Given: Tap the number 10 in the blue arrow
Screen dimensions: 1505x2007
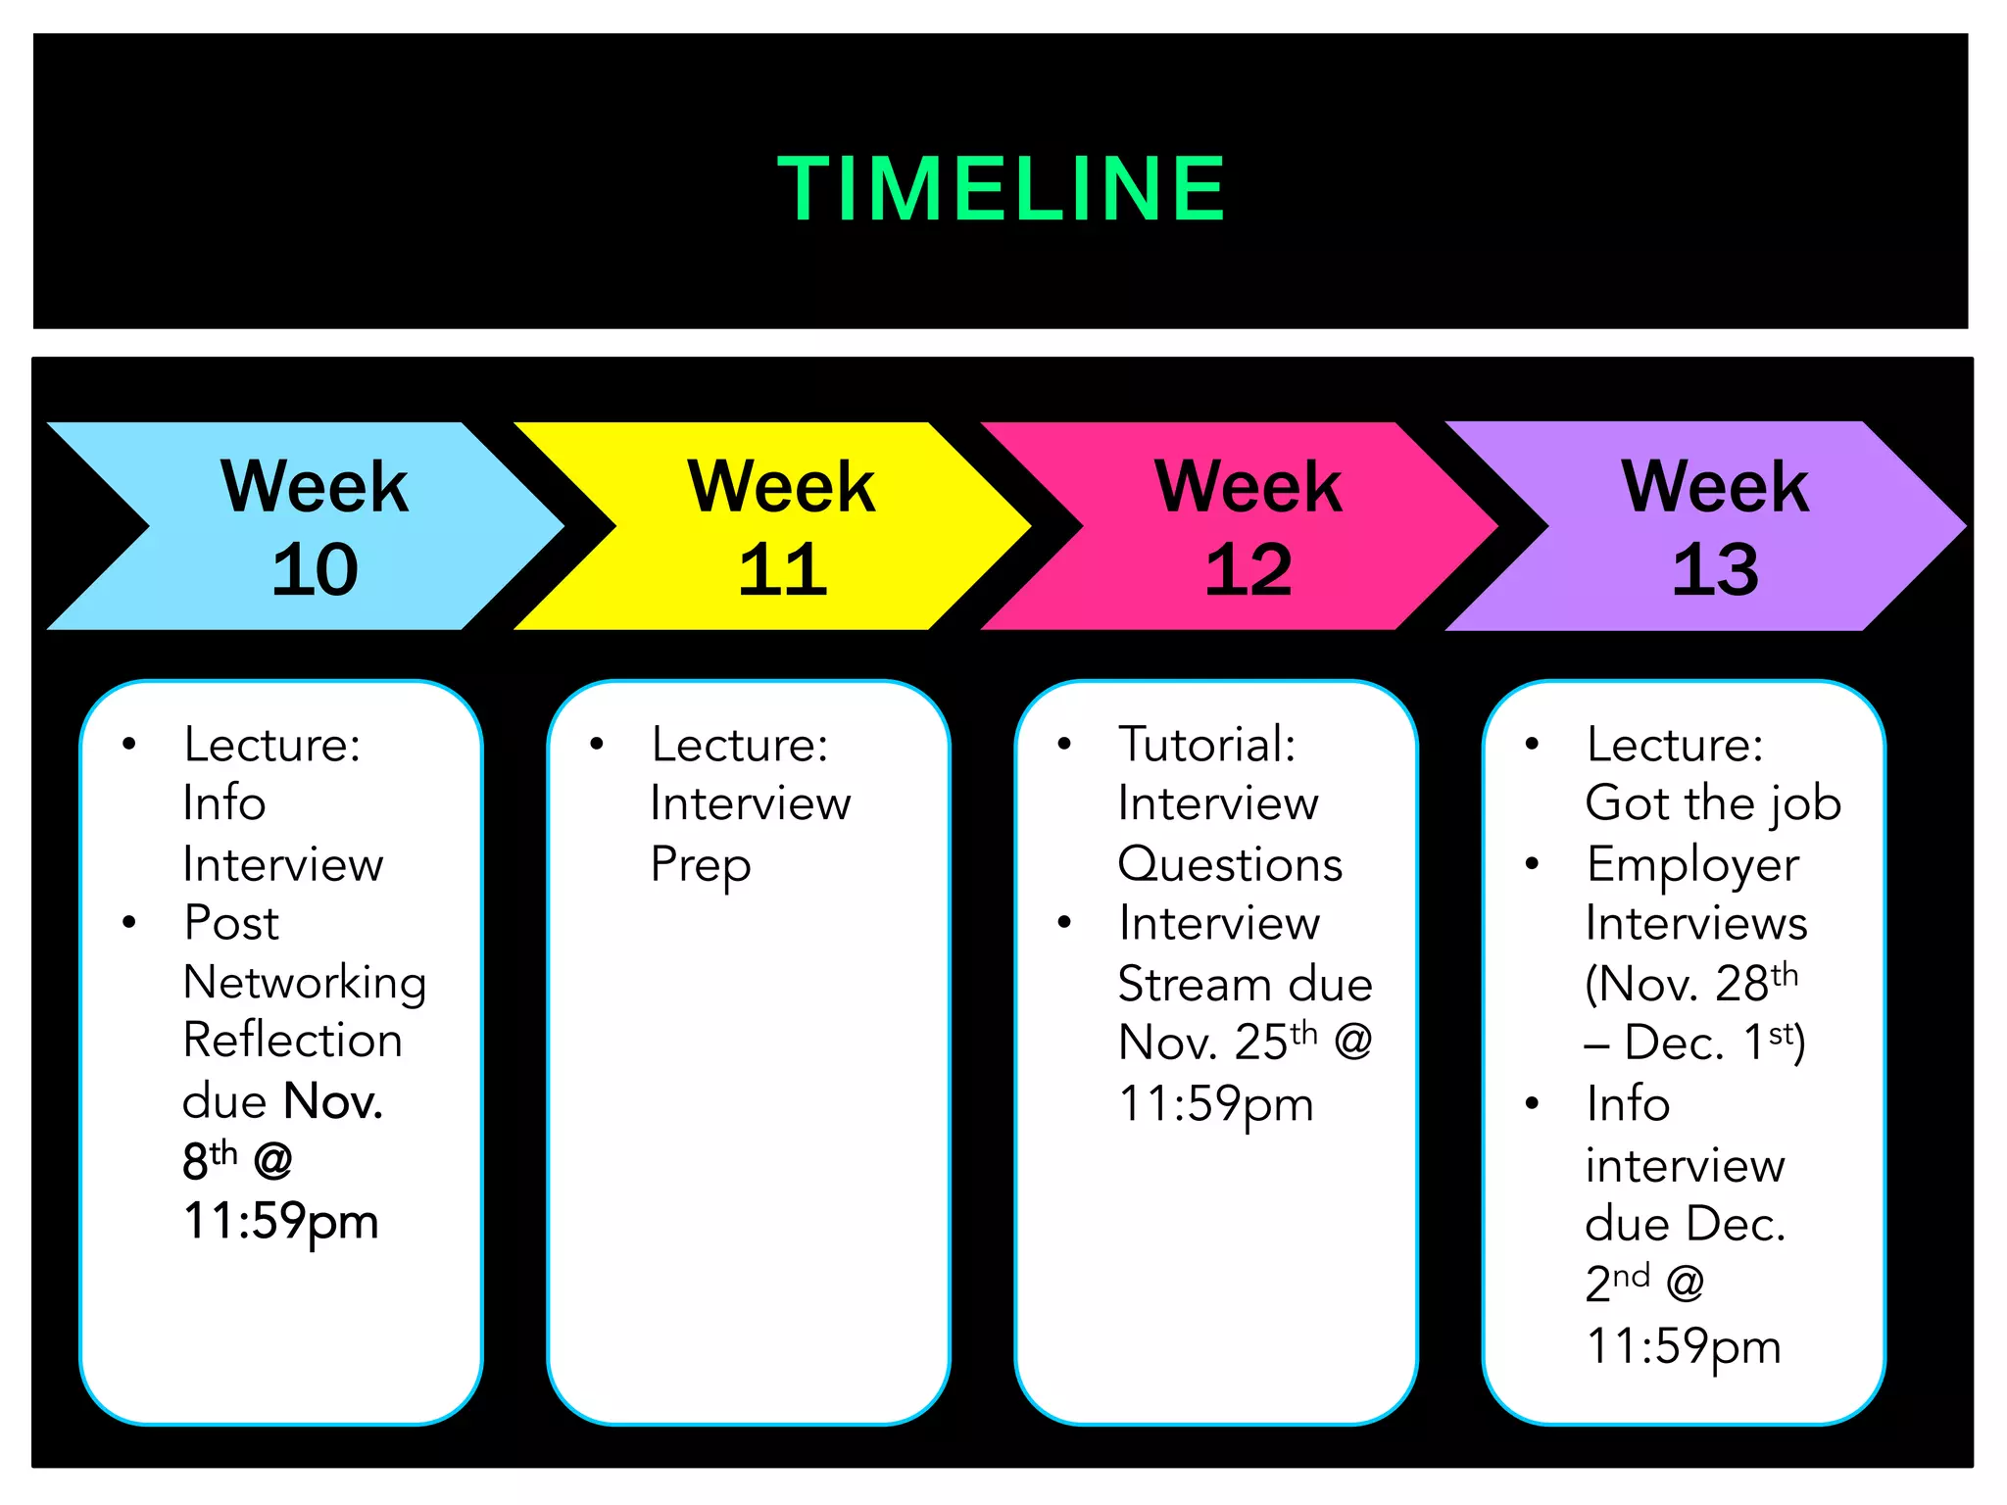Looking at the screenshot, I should coord(315,569).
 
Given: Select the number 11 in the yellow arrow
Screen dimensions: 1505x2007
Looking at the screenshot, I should coord(782,569).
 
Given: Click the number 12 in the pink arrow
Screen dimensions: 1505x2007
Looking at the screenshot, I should coord(1248,569).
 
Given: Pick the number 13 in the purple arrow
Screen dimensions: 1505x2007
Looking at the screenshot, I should coord(1715,569).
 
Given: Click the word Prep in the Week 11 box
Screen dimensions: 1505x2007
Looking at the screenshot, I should coord(701,865).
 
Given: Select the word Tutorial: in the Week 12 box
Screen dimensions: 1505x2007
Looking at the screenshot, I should coord(1207,745).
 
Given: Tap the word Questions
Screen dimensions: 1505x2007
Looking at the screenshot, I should coord(1230,865).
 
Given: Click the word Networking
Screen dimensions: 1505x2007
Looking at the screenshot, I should coord(305,983).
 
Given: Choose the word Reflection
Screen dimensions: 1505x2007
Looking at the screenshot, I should coord(293,1041).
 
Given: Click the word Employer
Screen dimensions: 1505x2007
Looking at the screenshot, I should coord(1693,865).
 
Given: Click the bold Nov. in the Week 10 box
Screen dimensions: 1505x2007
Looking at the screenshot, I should coord(332,1101).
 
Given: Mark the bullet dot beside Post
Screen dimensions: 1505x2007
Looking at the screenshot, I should coord(129,922).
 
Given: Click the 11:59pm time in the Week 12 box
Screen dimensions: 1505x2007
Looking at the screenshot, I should coord(1215,1104).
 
